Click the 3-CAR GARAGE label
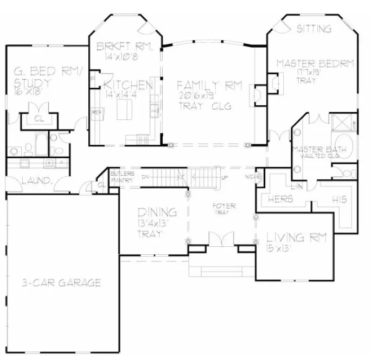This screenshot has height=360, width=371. tap(62, 282)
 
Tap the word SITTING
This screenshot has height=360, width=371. tap(314, 29)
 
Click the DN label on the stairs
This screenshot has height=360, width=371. tap(145, 177)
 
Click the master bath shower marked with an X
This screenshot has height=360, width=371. tap(342, 121)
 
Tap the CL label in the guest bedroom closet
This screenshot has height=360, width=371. tap(39, 118)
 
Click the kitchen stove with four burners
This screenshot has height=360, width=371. tap(144, 140)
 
